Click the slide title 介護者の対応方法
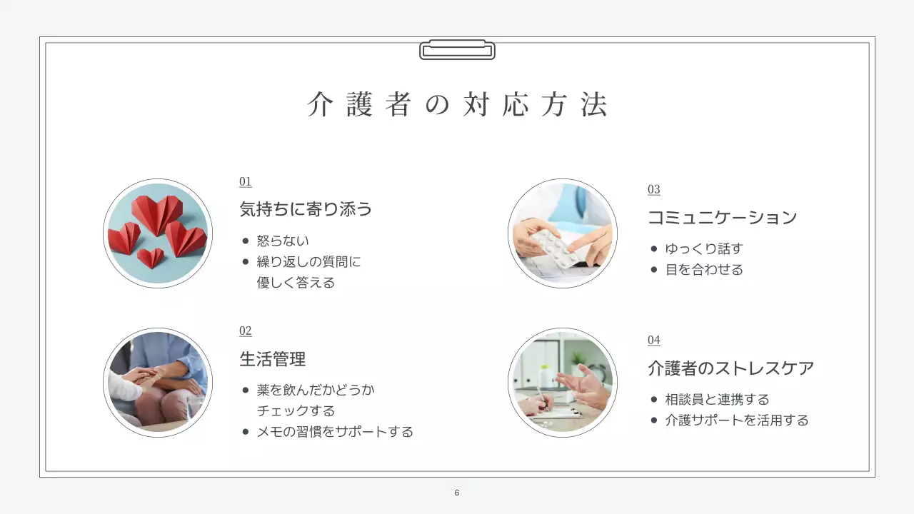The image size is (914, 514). click(x=457, y=105)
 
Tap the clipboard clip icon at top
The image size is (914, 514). click(x=457, y=50)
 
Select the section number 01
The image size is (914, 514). click(x=245, y=182)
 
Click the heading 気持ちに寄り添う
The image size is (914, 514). click(x=306, y=209)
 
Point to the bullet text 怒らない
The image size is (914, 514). click(x=283, y=241)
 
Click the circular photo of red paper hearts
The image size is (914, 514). click(x=158, y=233)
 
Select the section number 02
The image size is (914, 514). click(x=245, y=331)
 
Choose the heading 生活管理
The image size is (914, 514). click(x=273, y=358)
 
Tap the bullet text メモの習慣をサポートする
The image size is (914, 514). click(x=335, y=432)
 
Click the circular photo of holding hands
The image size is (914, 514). click(x=158, y=383)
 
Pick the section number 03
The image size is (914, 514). click(x=653, y=190)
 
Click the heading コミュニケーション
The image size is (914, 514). click(x=722, y=217)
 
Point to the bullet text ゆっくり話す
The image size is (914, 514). click(x=704, y=249)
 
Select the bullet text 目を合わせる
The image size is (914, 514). click(x=704, y=270)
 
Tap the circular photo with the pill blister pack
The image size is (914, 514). click(x=563, y=233)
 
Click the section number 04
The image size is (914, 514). click(x=653, y=341)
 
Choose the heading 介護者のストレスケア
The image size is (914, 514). click(x=730, y=368)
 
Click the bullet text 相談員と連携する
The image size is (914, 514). click(x=717, y=400)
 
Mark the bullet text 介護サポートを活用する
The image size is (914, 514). click(x=737, y=420)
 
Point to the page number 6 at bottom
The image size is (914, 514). click(x=457, y=493)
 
